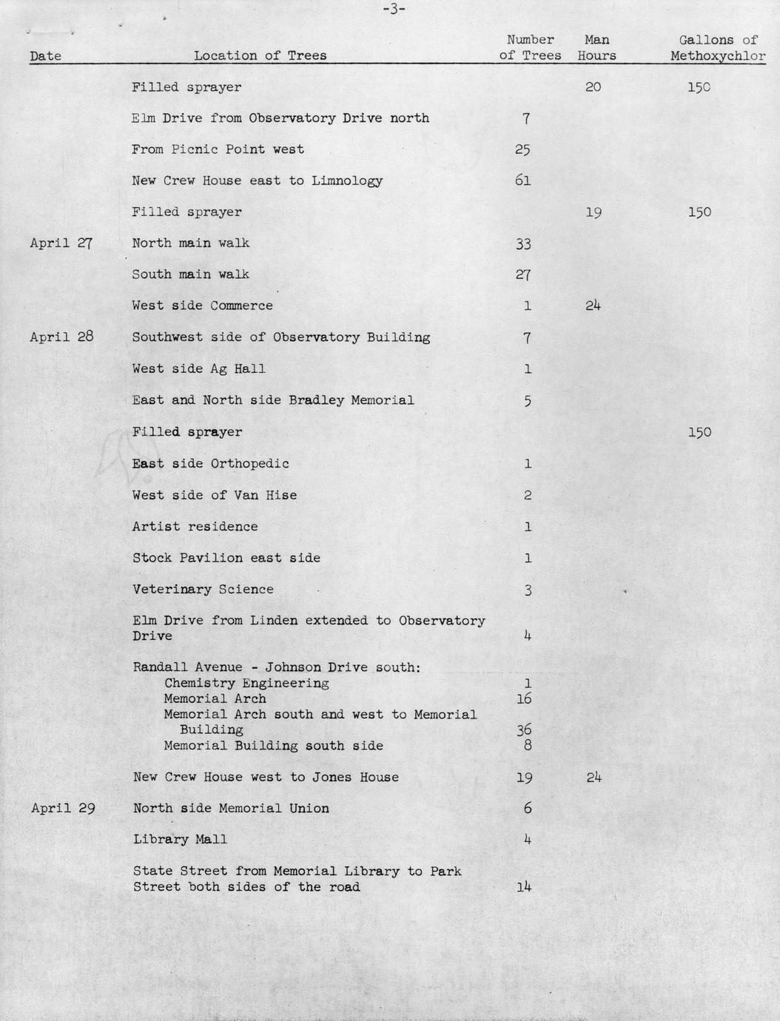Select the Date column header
[x=45, y=56]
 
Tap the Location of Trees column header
[x=260, y=55]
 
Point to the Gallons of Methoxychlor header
[x=717, y=48]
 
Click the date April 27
[x=61, y=243]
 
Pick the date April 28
[x=61, y=337]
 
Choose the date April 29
[x=62, y=808]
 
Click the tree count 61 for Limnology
[x=522, y=181]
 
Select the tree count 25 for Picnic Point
[x=522, y=149]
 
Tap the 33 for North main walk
[x=522, y=243]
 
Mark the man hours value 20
[x=593, y=87]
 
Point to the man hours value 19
[x=593, y=212]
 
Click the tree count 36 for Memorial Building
[x=523, y=729]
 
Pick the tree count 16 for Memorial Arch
[x=523, y=698]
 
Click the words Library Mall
[x=180, y=839]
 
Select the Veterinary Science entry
[x=203, y=590]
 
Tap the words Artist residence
[x=195, y=527]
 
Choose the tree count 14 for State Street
[x=523, y=887]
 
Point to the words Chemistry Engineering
[x=246, y=683]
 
